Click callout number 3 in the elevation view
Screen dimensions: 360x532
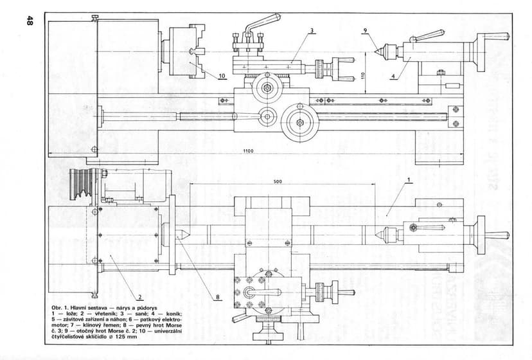click(311, 30)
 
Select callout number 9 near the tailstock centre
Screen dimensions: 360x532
click(364, 30)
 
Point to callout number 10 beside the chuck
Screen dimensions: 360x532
click(221, 76)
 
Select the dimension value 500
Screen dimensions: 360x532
click(278, 182)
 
